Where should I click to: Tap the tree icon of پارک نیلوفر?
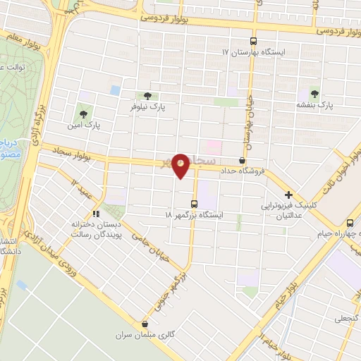coord(147,96)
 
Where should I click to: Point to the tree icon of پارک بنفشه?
coord(314,93)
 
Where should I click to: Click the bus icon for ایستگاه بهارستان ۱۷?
coord(255,42)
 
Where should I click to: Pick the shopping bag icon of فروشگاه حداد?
coord(243,161)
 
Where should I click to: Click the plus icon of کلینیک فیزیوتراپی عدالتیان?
coord(288,194)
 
